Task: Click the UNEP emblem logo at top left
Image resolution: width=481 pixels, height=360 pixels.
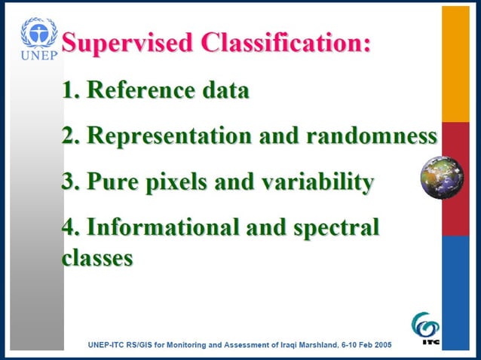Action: click(38, 33)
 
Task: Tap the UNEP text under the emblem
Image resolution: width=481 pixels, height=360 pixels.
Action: click(38, 56)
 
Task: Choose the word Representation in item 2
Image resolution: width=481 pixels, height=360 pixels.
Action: click(170, 136)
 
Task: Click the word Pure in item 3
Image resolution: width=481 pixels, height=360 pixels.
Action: click(112, 182)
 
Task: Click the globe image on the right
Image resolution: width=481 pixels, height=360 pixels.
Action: click(442, 178)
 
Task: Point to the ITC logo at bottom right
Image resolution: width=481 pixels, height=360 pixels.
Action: click(426, 329)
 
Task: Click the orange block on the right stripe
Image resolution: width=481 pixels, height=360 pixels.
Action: click(455, 64)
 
